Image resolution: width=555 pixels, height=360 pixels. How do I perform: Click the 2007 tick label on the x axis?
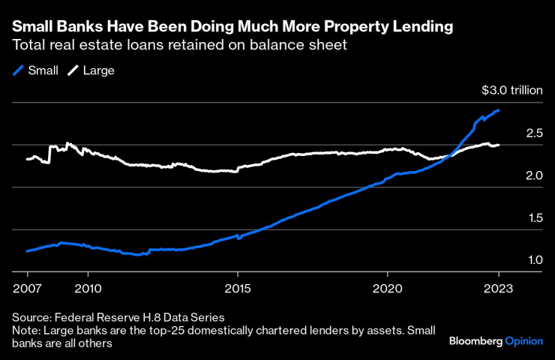coord(27,288)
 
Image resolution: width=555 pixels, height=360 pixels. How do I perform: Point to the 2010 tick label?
coord(88,288)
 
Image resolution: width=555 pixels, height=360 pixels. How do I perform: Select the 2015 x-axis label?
coord(238,288)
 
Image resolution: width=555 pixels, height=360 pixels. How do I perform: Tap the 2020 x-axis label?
coord(388,288)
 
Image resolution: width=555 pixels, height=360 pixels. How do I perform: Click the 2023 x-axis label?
coord(499,288)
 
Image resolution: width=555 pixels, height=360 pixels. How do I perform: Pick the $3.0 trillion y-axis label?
coord(511,91)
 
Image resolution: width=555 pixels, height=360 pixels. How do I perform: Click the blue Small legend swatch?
coord(18,70)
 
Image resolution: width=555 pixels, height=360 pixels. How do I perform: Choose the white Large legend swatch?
coord(73,70)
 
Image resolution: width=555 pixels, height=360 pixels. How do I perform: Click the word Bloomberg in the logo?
coord(475,341)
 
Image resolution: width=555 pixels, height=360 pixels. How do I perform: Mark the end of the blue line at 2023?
coord(499,110)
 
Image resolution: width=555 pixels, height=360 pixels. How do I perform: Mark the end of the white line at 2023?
coord(499,145)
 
